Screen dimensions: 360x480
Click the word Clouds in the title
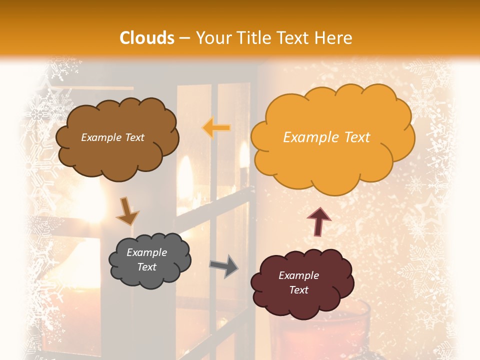[147, 38]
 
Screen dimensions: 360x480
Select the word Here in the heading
[334, 38]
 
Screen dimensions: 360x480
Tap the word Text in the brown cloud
[133, 137]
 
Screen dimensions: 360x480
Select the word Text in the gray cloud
[146, 267]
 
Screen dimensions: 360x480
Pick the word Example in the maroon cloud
[298, 275]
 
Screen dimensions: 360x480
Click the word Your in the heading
[209, 38]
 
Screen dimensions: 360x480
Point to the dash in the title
[184, 38]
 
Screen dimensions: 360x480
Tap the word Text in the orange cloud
[357, 137]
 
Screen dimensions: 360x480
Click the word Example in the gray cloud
[146, 253]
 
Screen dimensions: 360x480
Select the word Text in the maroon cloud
[298, 290]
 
